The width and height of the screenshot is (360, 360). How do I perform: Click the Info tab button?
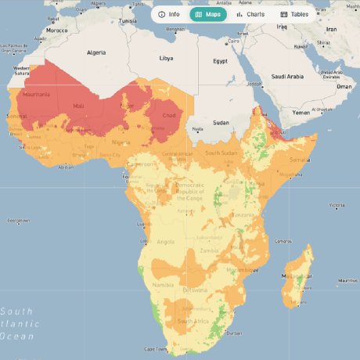[x=169, y=14]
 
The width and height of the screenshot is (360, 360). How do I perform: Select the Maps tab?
[x=211, y=14]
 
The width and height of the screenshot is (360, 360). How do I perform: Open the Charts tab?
[x=250, y=14]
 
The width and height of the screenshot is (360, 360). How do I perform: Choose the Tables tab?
[x=294, y=14]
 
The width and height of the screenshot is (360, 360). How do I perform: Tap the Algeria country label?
[x=95, y=52]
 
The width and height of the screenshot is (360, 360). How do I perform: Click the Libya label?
[x=166, y=58]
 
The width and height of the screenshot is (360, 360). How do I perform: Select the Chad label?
[x=167, y=115]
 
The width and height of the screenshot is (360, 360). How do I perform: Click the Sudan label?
[x=221, y=122]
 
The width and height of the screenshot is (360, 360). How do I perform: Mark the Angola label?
[x=166, y=242]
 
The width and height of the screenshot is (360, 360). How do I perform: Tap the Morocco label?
[x=56, y=31]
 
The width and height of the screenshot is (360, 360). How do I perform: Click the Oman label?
[x=345, y=86]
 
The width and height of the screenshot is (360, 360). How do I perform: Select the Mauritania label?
[x=38, y=95]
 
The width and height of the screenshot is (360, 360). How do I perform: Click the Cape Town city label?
[x=156, y=349]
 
